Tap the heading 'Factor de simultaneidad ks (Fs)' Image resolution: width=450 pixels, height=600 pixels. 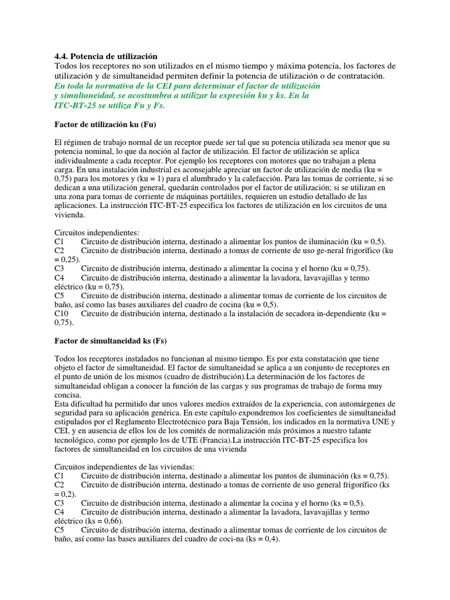click(x=110, y=340)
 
